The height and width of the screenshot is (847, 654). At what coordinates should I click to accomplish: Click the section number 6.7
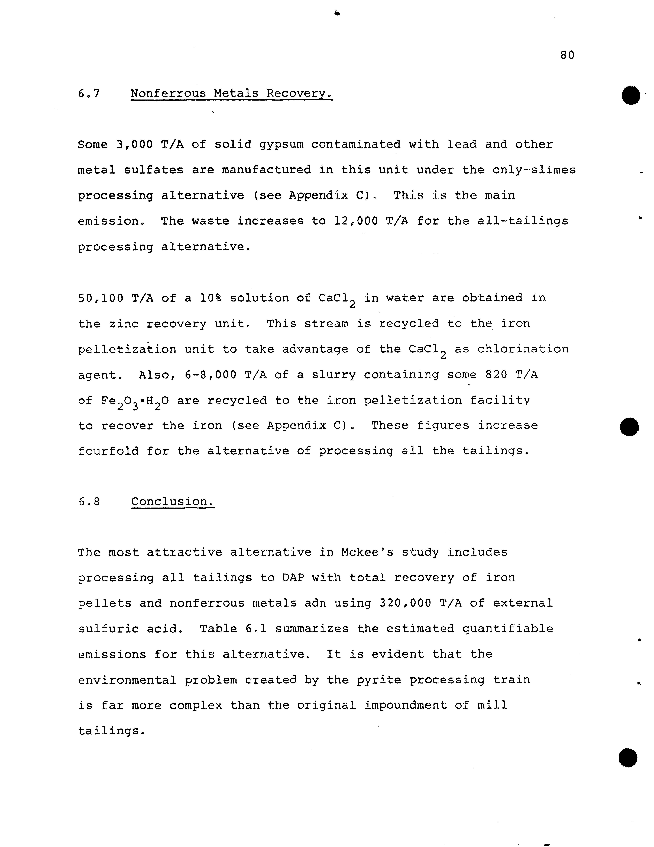pyautogui.click(x=89, y=94)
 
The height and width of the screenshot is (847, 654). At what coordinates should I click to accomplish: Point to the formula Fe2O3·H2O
pyautogui.click(x=135, y=401)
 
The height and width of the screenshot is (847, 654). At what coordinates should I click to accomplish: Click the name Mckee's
pyautogui.click(x=367, y=552)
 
